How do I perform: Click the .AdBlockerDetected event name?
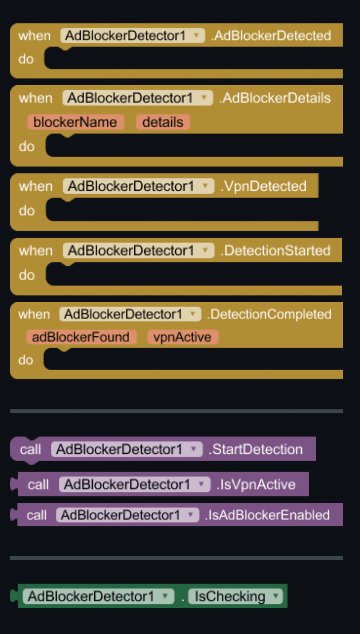coord(271,36)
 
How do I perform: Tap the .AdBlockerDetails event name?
coord(275,98)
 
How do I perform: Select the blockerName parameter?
coord(76,122)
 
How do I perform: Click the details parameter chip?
coord(163,122)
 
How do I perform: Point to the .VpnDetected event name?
coord(264,186)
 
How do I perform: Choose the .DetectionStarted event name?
coord(276,250)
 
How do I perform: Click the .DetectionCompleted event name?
coord(269,314)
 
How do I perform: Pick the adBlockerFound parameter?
coord(81,337)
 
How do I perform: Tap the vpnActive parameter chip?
coord(183,337)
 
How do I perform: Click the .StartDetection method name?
coord(256,449)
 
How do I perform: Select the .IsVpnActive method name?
coord(256,484)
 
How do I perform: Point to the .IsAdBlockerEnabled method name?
coord(267,515)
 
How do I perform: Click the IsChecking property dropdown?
coord(235,596)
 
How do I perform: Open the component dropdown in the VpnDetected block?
coord(139,186)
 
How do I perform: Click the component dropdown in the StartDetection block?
coord(127,449)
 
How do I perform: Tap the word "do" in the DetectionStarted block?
coord(27,275)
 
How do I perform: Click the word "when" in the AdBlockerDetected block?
coord(35,36)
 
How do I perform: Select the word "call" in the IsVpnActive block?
coord(38,484)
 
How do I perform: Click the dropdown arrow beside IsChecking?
coord(275,596)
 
